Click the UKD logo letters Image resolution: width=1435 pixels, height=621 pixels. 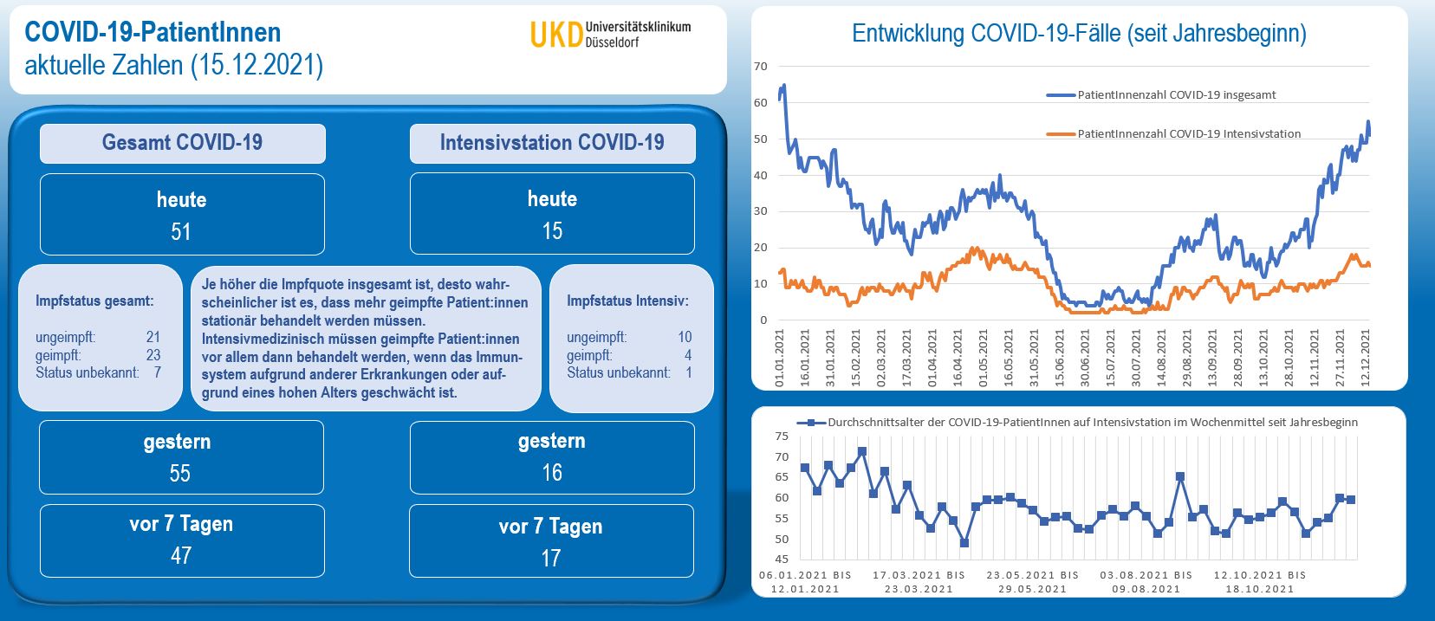pyautogui.click(x=555, y=35)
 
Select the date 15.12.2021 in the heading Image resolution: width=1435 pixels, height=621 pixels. pyautogui.click(x=256, y=65)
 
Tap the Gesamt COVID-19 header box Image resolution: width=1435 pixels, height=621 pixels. pyautogui.click(x=182, y=143)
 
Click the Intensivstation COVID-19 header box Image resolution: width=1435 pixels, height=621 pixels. pyautogui.click(x=552, y=143)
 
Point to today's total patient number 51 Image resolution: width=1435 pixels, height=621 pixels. pyautogui.click(x=181, y=232)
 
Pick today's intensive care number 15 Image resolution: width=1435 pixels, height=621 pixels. pyautogui.click(x=552, y=231)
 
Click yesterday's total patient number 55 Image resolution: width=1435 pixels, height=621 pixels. pyautogui.click(x=180, y=473)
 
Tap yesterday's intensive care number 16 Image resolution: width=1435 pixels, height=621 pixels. pyautogui.click(x=552, y=473)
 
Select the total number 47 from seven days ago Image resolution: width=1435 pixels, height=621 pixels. pyautogui.click(x=181, y=555)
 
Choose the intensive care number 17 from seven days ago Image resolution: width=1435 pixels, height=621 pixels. pyautogui.click(x=551, y=558)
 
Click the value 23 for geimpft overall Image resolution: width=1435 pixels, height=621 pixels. pyautogui.click(x=153, y=355)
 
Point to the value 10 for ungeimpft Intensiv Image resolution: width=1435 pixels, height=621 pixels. pyautogui.click(x=685, y=337)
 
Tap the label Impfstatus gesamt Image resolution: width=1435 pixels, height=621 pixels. pyautogui.click(x=94, y=301)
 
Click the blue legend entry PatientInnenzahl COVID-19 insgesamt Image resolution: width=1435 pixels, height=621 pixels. pyautogui.click(x=1176, y=95)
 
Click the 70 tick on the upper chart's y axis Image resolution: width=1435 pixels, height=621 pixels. pyautogui.click(x=761, y=66)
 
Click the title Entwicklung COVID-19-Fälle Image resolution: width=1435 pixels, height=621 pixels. pyautogui.click(x=1079, y=34)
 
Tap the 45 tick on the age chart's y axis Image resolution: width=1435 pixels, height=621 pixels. pyautogui.click(x=782, y=560)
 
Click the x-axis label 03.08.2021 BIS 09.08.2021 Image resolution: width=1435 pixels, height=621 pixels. pyautogui.click(x=1146, y=581)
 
